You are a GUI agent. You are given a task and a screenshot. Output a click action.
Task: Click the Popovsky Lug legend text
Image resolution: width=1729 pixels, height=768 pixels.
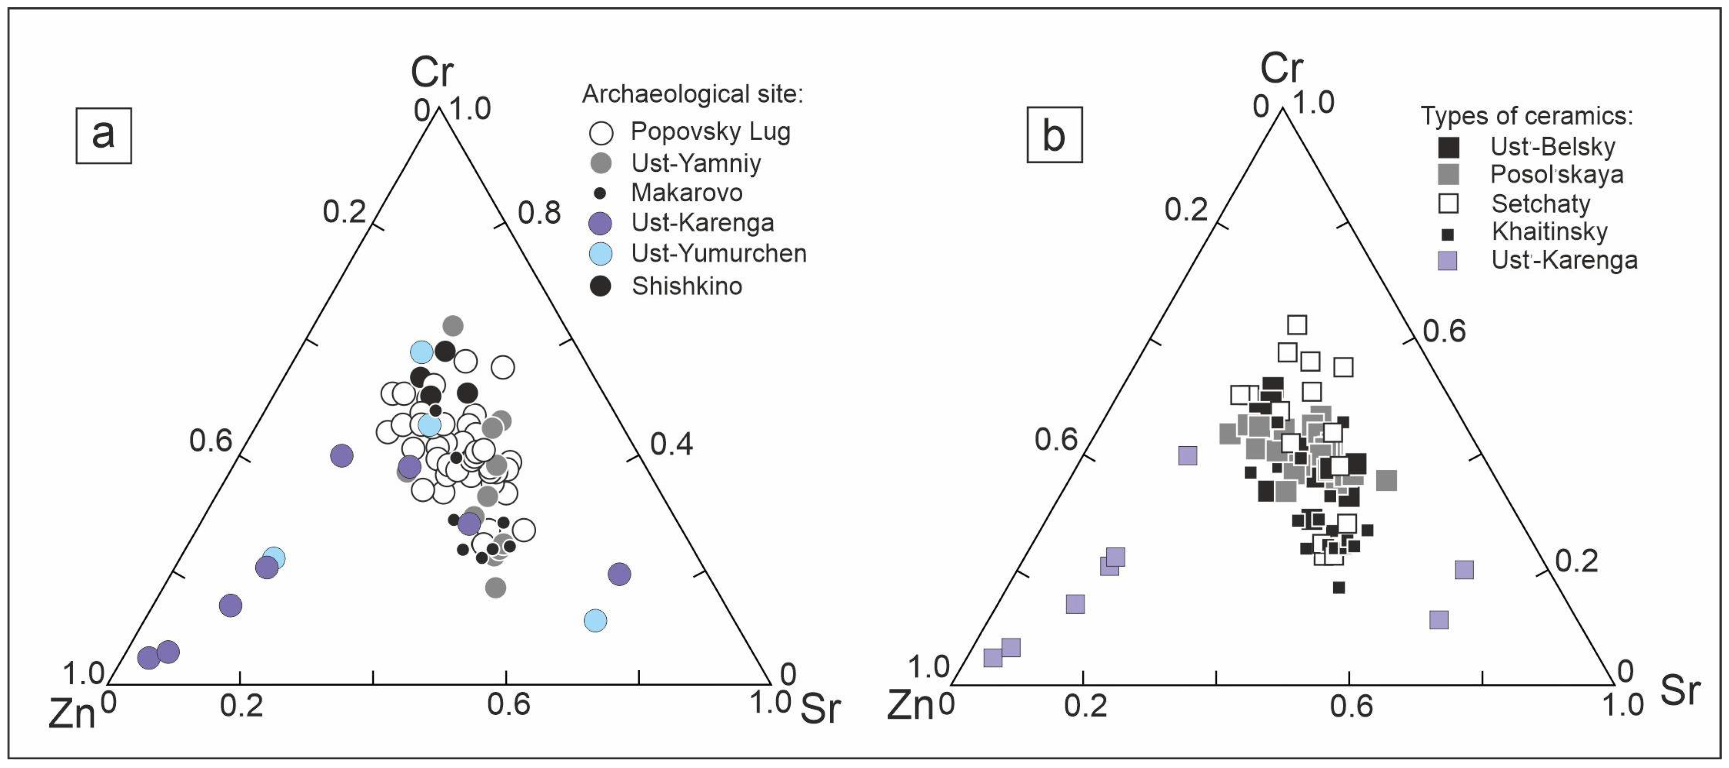[x=710, y=132]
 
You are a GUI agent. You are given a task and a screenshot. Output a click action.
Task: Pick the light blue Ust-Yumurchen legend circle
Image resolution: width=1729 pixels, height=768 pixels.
[x=600, y=254]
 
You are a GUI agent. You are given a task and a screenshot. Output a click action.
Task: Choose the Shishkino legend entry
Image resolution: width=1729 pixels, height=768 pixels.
[x=687, y=287]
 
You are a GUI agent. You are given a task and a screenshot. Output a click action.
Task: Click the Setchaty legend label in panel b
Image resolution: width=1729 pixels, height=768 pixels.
[x=1541, y=203]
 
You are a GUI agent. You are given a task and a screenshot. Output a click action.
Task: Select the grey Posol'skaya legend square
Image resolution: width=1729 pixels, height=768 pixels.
[x=1449, y=174]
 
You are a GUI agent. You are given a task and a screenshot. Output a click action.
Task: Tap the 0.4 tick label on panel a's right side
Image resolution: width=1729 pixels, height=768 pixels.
[x=671, y=444]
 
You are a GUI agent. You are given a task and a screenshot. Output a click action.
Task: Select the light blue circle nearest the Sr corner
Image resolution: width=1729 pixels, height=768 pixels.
[x=595, y=620]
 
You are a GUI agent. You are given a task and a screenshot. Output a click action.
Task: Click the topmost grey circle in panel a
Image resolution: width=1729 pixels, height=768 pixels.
[x=453, y=325]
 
